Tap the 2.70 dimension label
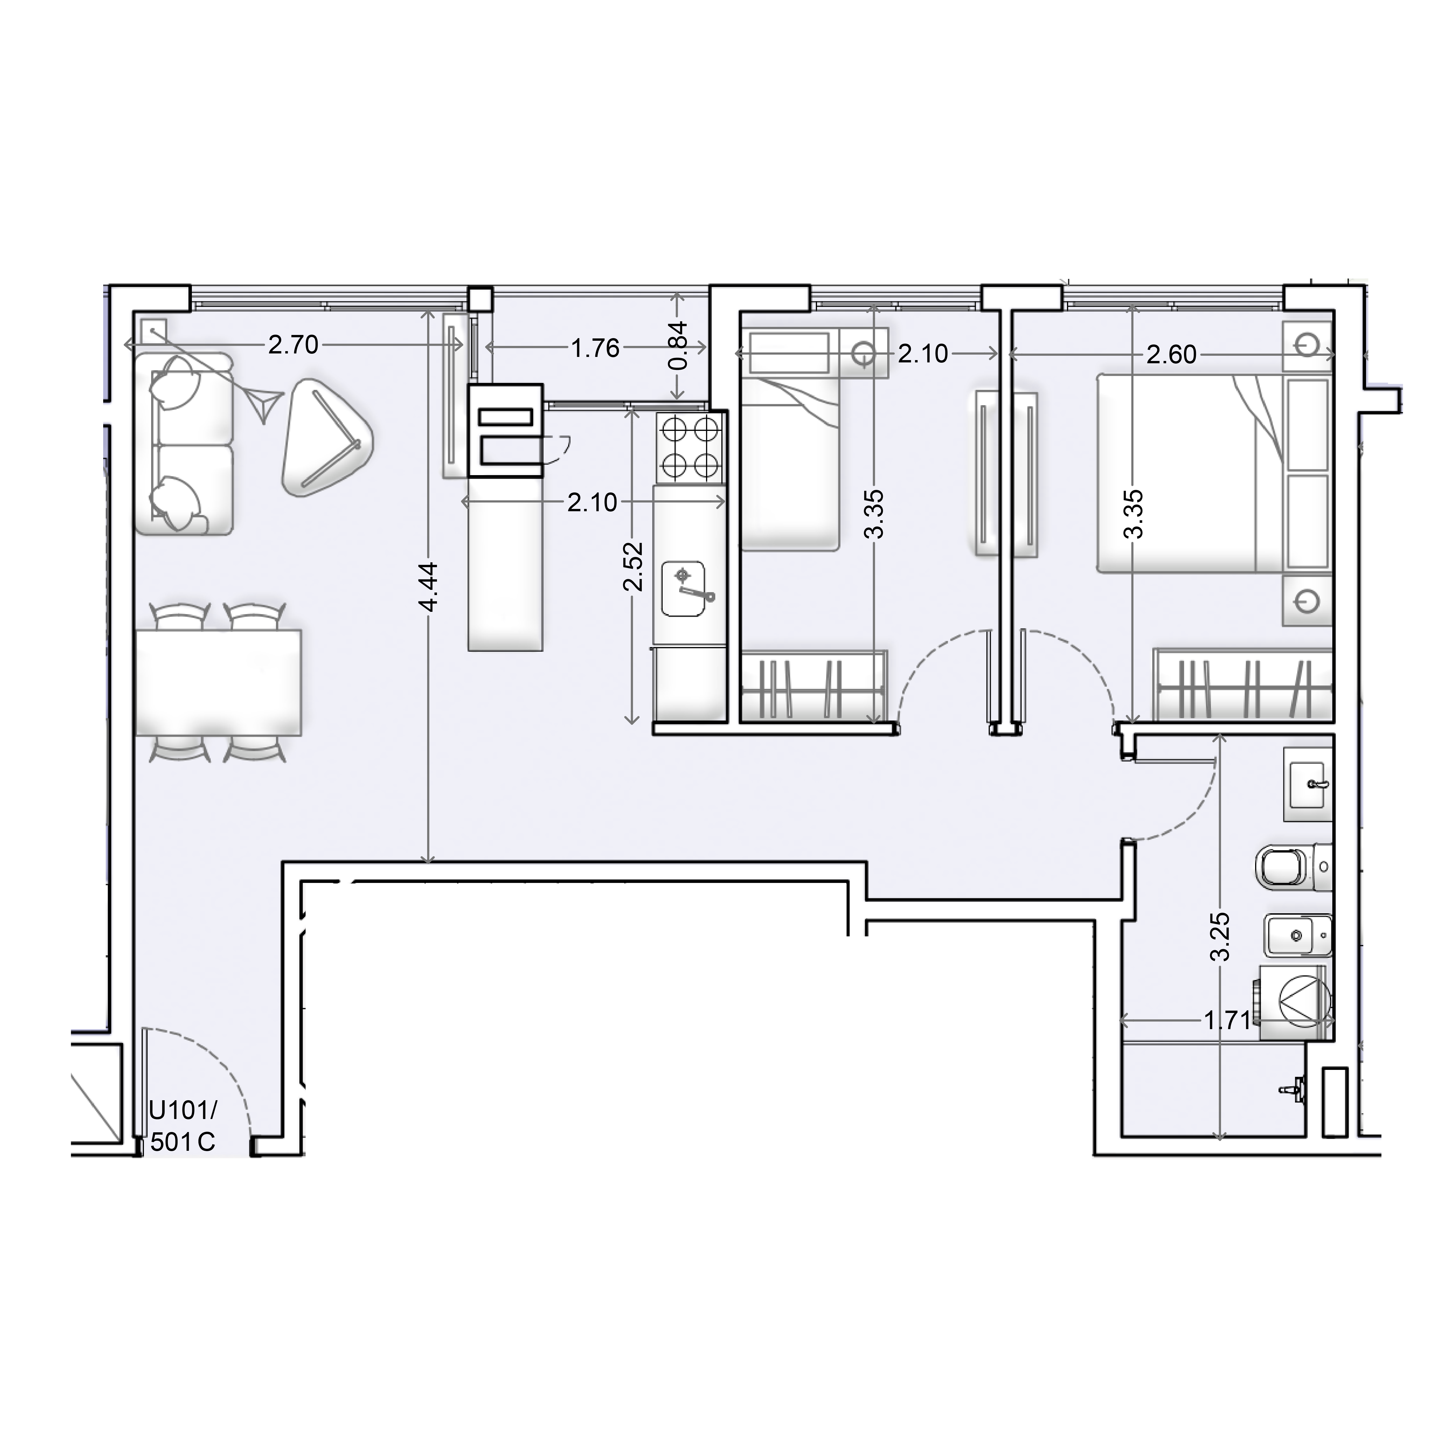[293, 345]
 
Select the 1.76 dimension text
[595, 348]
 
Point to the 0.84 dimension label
[677, 346]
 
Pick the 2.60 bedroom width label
[1172, 355]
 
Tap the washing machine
[1296, 1002]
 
